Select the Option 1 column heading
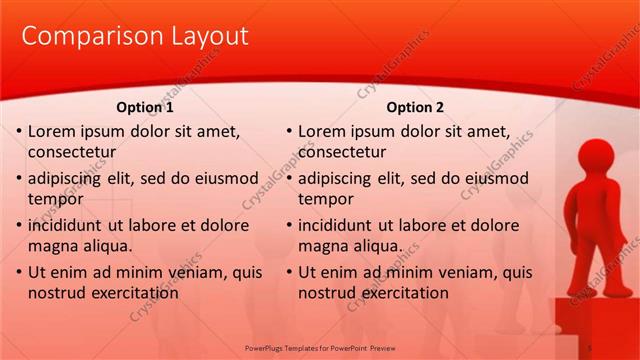pos(145,107)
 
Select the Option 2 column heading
pos(415,107)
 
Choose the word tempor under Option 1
pos(55,199)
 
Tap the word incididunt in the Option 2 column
pos(342,225)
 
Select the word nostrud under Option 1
pos(57,293)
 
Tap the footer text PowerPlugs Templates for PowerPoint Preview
pos(320,347)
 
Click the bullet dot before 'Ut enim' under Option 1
pos(18,272)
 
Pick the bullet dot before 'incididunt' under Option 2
pos(288,225)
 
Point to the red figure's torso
pos(598,215)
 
